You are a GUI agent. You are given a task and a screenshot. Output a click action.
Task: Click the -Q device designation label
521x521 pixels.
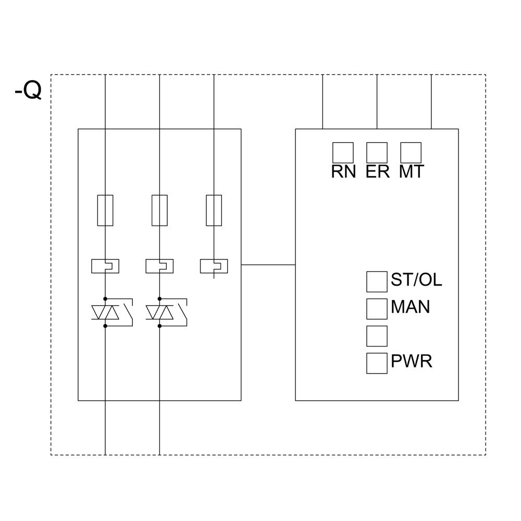pyautogui.click(x=28, y=91)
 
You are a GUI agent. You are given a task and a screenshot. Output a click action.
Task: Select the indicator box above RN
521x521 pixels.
pyautogui.click(x=343, y=153)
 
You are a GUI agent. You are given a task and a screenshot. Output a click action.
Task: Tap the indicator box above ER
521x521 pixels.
pyautogui.click(x=377, y=153)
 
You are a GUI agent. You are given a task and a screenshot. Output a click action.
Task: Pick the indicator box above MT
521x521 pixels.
pyautogui.click(x=411, y=153)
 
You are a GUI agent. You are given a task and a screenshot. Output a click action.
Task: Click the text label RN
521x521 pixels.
pyautogui.click(x=343, y=172)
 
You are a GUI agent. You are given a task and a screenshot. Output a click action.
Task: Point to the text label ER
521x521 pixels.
pyautogui.click(x=377, y=172)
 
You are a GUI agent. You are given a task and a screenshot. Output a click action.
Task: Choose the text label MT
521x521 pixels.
pyautogui.click(x=411, y=172)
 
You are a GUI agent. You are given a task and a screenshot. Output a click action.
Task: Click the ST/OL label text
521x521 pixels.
pyautogui.click(x=416, y=280)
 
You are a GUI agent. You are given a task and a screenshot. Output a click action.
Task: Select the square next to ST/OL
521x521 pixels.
pyautogui.click(x=377, y=282)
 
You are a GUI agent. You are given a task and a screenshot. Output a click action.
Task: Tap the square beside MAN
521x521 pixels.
pyautogui.click(x=377, y=309)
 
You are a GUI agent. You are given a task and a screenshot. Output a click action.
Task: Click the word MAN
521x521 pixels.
pyautogui.click(x=410, y=307)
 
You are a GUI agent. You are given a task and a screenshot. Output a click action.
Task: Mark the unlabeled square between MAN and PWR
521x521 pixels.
pyautogui.click(x=377, y=336)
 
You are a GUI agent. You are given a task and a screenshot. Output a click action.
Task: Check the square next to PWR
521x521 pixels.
pyautogui.click(x=377, y=363)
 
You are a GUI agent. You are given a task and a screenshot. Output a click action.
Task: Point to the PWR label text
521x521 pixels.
pyautogui.click(x=411, y=362)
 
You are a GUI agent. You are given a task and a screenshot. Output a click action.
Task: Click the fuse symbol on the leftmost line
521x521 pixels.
pyautogui.click(x=105, y=210)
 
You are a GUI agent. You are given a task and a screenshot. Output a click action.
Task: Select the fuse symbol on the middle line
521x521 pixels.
pyautogui.click(x=159, y=210)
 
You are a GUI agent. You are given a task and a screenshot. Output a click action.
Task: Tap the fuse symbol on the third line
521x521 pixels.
pyautogui.click(x=214, y=210)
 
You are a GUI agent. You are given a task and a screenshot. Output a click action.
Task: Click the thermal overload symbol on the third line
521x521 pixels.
pyautogui.click(x=214, y=266)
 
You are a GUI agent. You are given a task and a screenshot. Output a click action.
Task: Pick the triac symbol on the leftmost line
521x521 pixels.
pyautogui.click(x=105, y=313)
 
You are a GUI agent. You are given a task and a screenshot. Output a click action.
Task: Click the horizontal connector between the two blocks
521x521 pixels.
pyautogui.click(x=268, y=265)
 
